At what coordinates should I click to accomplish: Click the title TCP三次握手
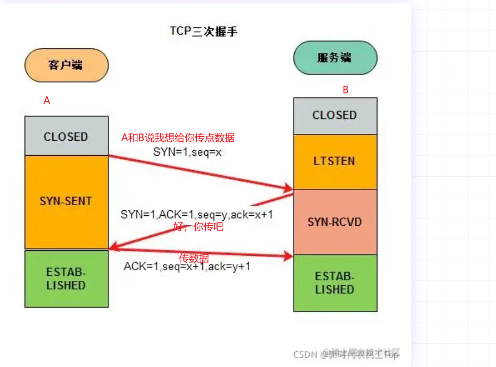[x=204, y=31]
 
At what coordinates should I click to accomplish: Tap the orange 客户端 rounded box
[x=66, y=65]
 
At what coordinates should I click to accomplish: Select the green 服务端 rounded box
[x=335, y=58]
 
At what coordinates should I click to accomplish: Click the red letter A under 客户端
[x=47, y=101]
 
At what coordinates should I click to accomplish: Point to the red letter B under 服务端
[x=345, y=90]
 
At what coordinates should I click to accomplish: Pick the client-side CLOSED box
[x=66, y=136]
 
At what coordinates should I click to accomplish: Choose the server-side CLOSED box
[x=335, y=116]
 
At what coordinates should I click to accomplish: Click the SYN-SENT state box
[x=66, y=201]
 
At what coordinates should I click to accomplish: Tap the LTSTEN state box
[x=335, y=161]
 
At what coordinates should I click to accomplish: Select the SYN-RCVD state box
[x=335, y=222]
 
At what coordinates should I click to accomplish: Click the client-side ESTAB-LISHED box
[x=66, y=279]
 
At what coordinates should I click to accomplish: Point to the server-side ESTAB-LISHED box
[x=335, y=283]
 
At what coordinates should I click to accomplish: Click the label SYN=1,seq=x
[x=187, y=152]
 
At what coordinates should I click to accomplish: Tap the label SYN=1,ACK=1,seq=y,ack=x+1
[x=197, y=214]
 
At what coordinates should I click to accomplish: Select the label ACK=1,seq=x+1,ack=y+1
[x=187, y=266]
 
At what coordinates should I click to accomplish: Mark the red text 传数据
[x=194, y=258]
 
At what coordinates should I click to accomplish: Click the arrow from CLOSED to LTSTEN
[x=200, y=171]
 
